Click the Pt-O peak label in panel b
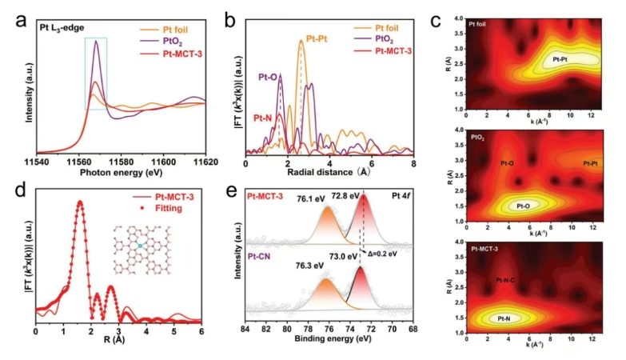(x=268, y=78)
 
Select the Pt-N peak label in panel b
(x=266, y=118)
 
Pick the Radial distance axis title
(x=329, y=173)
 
